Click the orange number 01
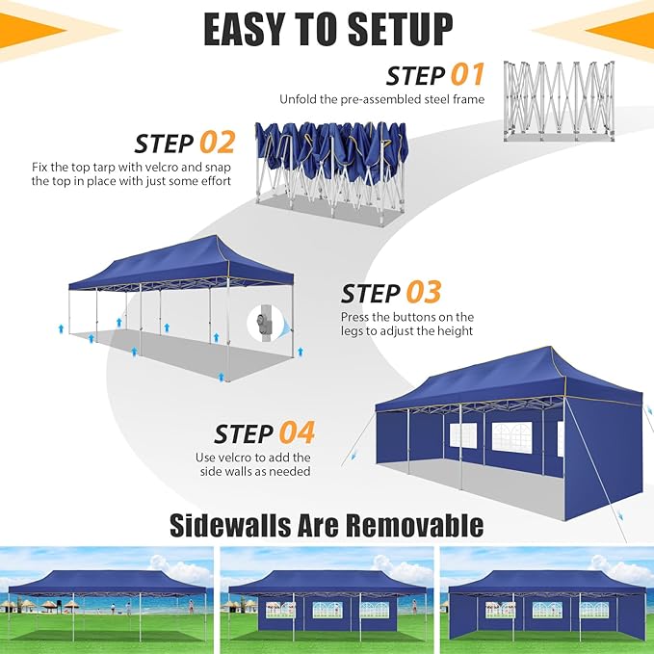[467, 75]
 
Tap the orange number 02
[218, 143]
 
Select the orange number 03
[424, 292]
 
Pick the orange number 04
[297, 432]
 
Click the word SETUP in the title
[400, 29]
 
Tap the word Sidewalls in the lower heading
[230, 525]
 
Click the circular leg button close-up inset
[265, 324]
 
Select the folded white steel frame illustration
[559, 101]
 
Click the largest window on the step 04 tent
[512, 436]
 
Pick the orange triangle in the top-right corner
[621, 31]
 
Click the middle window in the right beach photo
[547, 610]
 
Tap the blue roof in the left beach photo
[108, 583]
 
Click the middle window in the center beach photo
[327, 610]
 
